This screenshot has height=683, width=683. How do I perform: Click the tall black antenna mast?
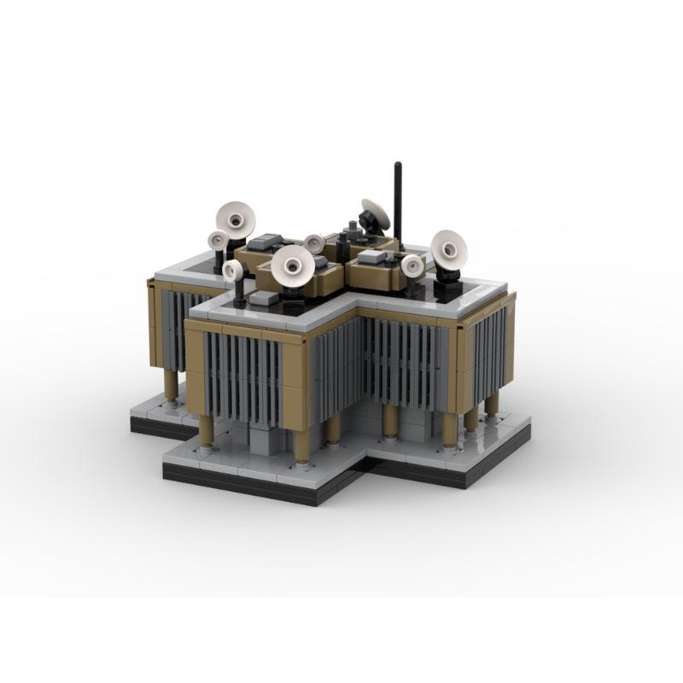coord(397,192)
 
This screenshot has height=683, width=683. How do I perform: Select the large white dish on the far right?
coord(448,248)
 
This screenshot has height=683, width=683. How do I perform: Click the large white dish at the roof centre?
coord(292,266)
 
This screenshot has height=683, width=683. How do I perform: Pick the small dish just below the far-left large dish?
coord(219,241)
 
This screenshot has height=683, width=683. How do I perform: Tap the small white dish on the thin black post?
coord(233,271)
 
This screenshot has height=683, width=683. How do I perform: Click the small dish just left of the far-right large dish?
coord(413,266)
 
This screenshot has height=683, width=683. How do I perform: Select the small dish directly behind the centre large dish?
coord(314,244)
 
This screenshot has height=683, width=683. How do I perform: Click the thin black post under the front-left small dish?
coord(239,293)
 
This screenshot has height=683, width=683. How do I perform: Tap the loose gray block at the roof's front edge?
coord(264,299)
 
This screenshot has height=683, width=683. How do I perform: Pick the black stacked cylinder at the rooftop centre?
coord(351,232)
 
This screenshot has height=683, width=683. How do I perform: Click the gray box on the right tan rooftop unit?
coord(372,256)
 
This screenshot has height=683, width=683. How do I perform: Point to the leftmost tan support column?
coord(171,386)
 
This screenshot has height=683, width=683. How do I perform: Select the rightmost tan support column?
coord(492,403)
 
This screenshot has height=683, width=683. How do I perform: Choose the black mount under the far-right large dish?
coord(447,278)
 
